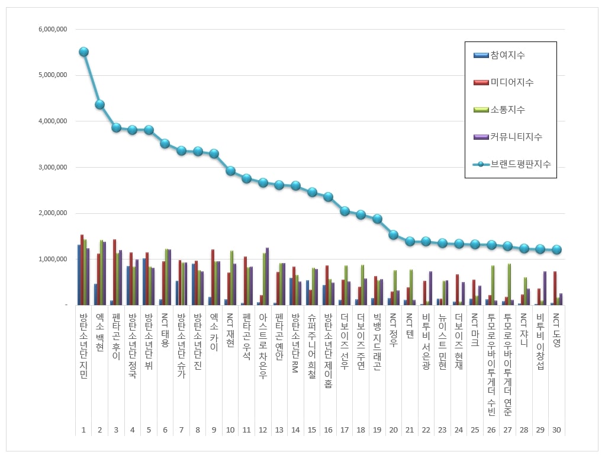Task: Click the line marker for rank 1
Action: coord(83,52)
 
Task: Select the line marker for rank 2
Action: coord(100,104)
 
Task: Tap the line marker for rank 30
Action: coord(556,250)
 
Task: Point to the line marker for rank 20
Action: coord(393,235)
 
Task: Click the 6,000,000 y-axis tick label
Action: coord(52,29)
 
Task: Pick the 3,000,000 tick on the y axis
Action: coord(52,167)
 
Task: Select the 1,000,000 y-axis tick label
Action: coord(52,259)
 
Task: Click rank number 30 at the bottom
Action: coord(556,430)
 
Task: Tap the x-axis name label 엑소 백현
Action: coord(99,332)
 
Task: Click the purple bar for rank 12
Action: coord(268,276)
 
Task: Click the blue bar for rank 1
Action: coord(79,274)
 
